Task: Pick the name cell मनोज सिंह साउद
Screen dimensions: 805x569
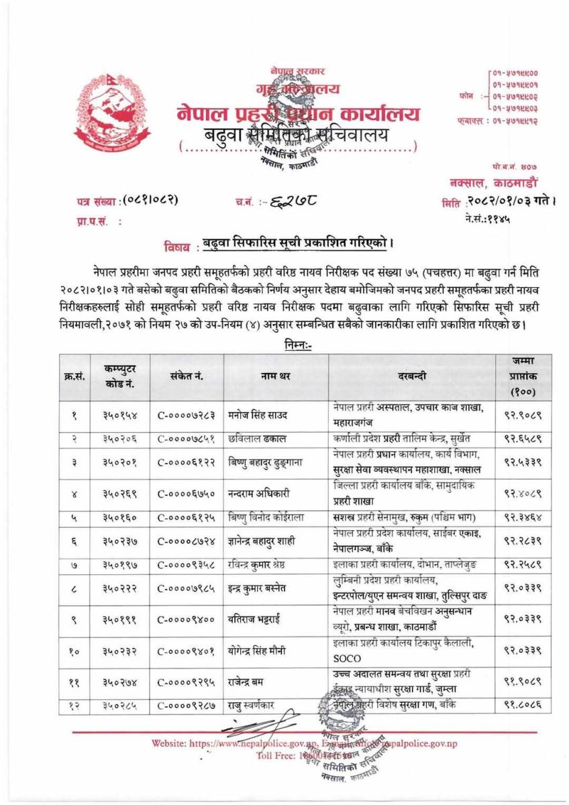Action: click(257, 415)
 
